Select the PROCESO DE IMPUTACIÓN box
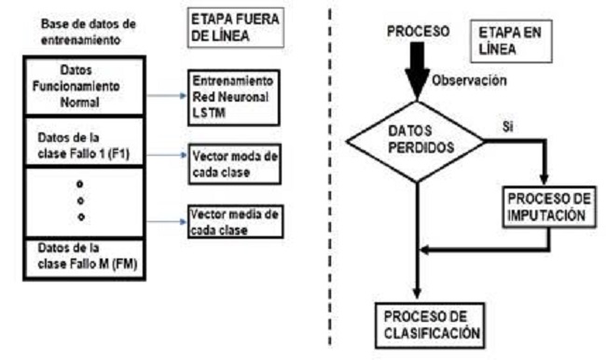[x=547, y=207]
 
